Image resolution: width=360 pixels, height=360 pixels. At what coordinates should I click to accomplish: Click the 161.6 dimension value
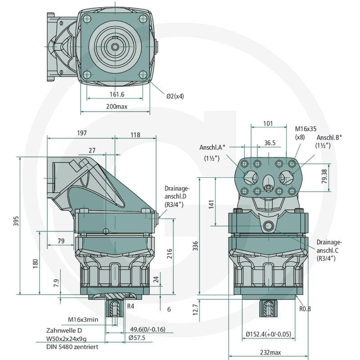click(x=117, y=94)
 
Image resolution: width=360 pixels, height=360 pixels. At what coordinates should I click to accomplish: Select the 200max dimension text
click(x=117, y=107)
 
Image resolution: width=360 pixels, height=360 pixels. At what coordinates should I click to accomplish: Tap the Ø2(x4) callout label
click(x=175, y=96)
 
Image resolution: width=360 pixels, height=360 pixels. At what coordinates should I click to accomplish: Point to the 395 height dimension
click(x=16, y=221)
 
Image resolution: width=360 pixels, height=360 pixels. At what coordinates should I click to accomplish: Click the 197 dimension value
click(x=82, y=133)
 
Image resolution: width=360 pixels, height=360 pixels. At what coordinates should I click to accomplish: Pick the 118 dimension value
click(x=135, y=135)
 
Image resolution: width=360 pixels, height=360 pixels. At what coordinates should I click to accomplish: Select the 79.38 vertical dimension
click(x=324, y=176)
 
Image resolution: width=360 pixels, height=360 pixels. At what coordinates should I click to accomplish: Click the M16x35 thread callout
click(x=306, y=129)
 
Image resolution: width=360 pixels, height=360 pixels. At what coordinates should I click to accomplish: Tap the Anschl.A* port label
click(x=212, y=148)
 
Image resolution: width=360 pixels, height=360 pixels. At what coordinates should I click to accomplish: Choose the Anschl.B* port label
click(x=329, y=138)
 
